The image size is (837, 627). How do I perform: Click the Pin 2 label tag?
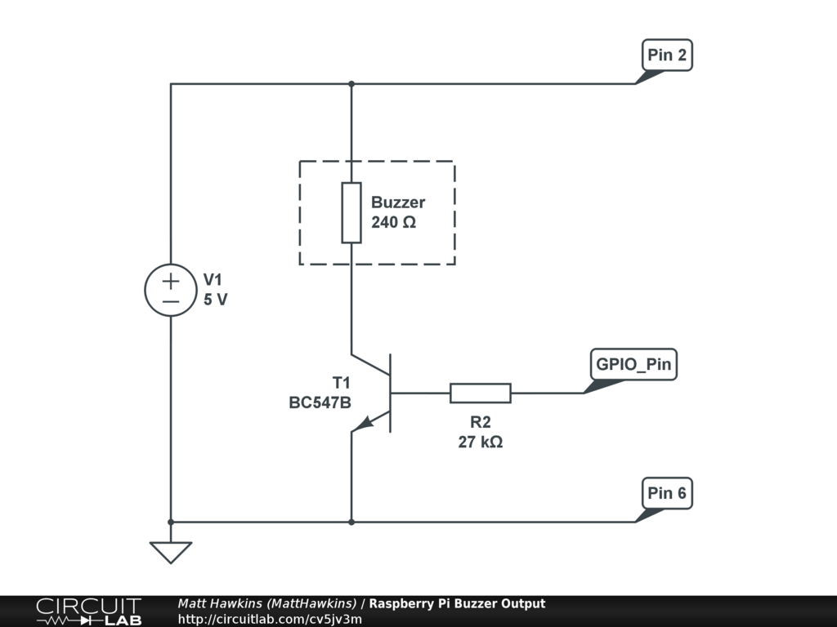tap(667, 56)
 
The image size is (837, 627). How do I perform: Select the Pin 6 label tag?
tap(667, 493)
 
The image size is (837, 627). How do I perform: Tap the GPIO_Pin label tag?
tap(633, 364)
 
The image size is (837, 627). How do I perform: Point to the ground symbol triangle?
tap(171, 552)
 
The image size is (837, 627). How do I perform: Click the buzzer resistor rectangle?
tap(351, 213)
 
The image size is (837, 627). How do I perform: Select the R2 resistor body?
tap(481, 394)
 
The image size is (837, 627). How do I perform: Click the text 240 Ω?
tap(393, 221)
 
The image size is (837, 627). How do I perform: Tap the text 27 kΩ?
tap(480, 442)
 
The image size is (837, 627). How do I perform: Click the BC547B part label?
tap(320, 402)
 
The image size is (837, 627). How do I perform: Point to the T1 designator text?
tap(341, 383)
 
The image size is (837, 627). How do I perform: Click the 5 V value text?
tap(216, 300)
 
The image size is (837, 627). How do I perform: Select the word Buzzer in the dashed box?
tap(398, 202)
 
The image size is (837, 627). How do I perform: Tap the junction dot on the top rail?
tap(351, 83)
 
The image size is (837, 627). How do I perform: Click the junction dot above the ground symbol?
tap(171, 522)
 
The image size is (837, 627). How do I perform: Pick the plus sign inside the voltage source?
tap(171, 282)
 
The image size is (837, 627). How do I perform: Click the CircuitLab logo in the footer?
tap(88, 611)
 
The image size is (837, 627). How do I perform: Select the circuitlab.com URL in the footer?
tap(270, 619)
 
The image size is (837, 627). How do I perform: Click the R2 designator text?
tap(480, 422)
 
